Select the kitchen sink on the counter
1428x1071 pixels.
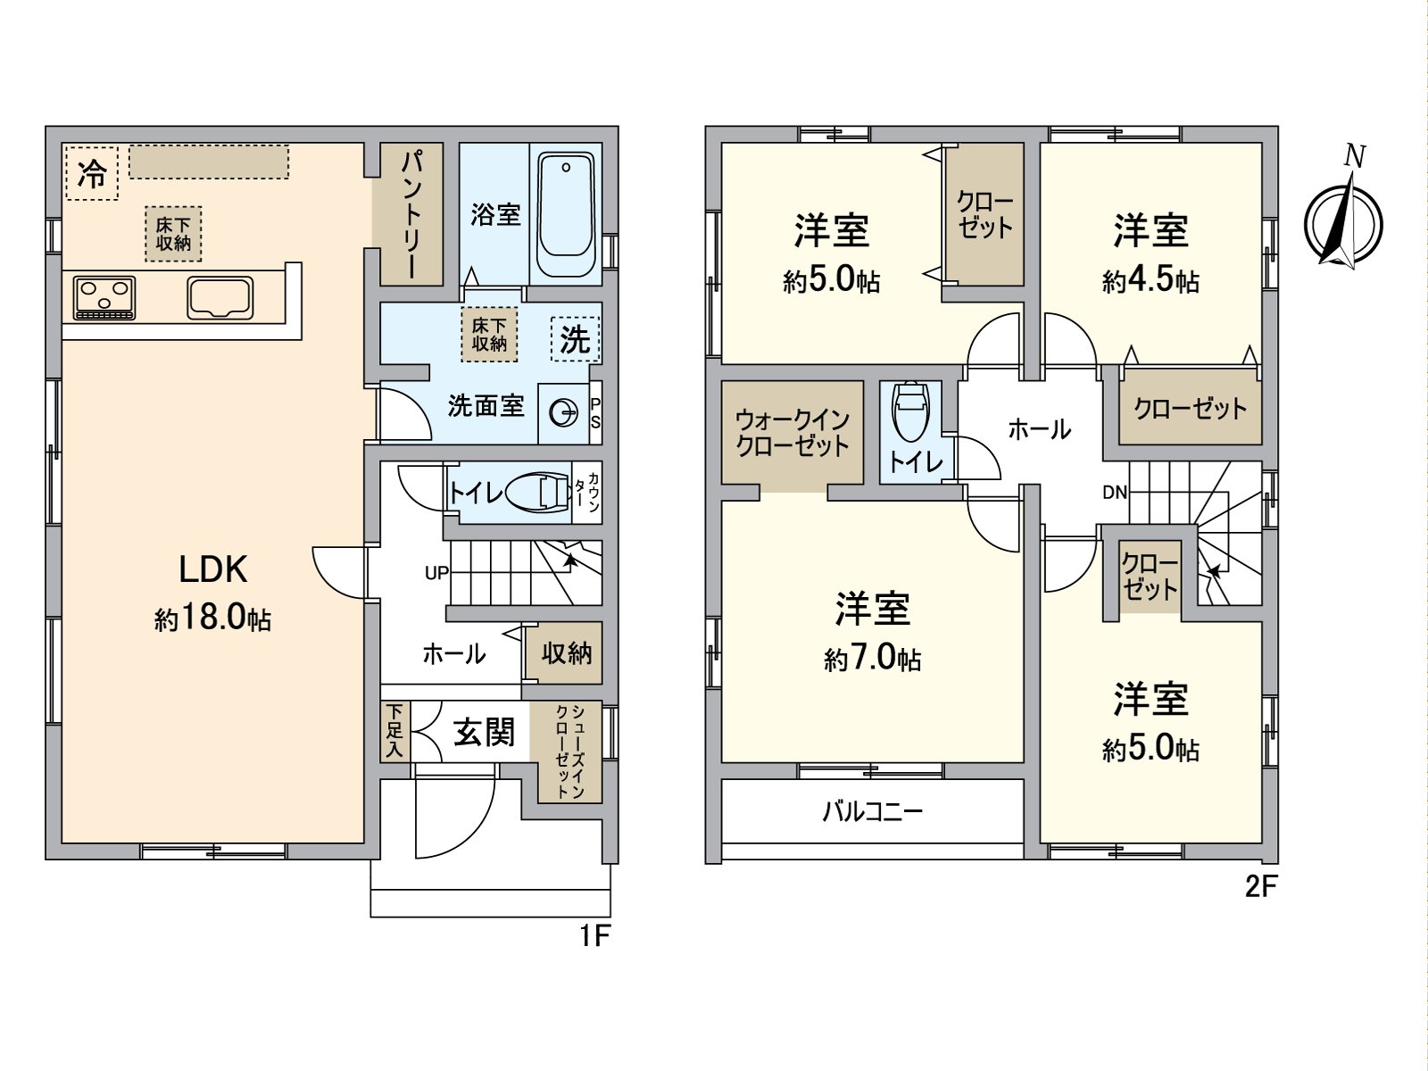(220, 297)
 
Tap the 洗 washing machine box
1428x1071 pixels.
(576, 339)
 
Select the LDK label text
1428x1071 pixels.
(212, 569)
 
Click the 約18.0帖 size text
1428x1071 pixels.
(212, 619)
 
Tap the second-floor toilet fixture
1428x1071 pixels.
(910, 413)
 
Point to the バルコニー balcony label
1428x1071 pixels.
(872, 811)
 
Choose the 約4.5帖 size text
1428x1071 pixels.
(1150, 283)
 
